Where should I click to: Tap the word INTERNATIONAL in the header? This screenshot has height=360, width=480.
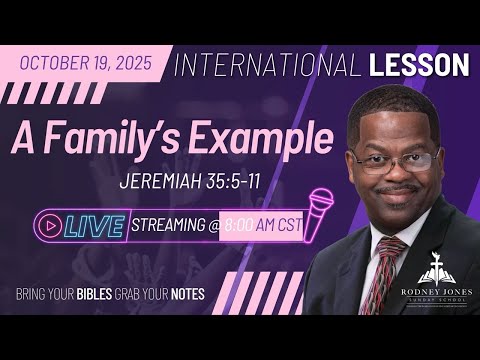263,65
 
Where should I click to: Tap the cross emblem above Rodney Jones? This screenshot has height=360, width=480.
437,263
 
